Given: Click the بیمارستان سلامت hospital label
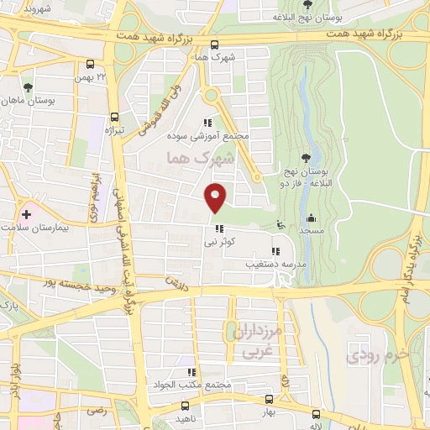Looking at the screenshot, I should click(38, 228).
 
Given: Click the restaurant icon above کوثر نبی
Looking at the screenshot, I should click(219, 228).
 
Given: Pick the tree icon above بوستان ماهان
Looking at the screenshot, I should click(29, 87).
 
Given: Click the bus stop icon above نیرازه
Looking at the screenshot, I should click(114, 118).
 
